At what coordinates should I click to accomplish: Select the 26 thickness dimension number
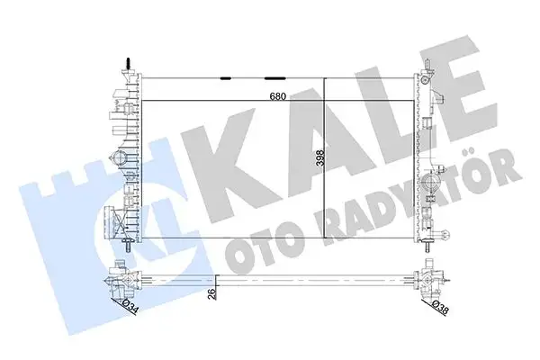pos(211,293)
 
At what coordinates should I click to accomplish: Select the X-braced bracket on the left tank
pos(113,220)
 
